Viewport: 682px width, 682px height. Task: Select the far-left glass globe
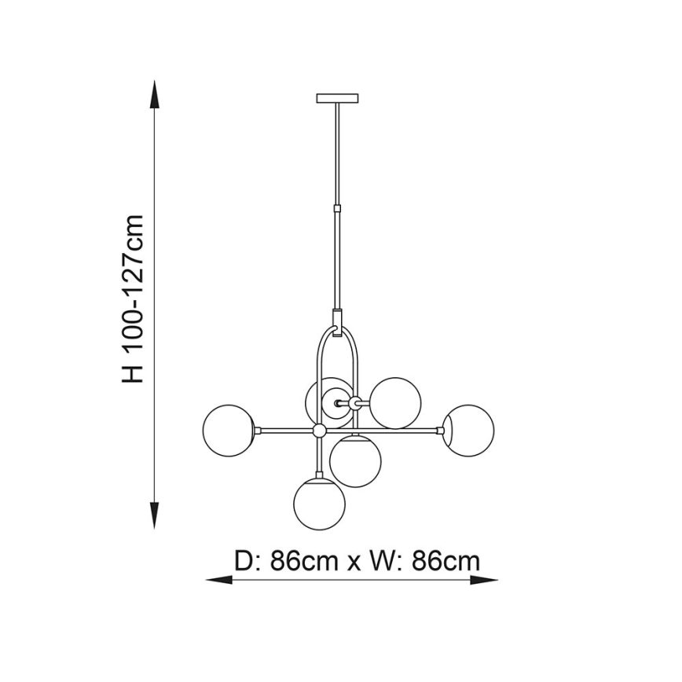[227, 429]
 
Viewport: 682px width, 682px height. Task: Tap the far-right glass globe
[469, 429]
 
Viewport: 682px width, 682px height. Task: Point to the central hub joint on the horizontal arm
[319, 431]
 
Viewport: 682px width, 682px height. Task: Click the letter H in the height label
[134, 372]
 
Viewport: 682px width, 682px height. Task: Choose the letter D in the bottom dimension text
[244, 561]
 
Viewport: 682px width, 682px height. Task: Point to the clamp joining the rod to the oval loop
[337, 321]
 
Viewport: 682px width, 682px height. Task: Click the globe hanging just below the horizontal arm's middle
[355, 461]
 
